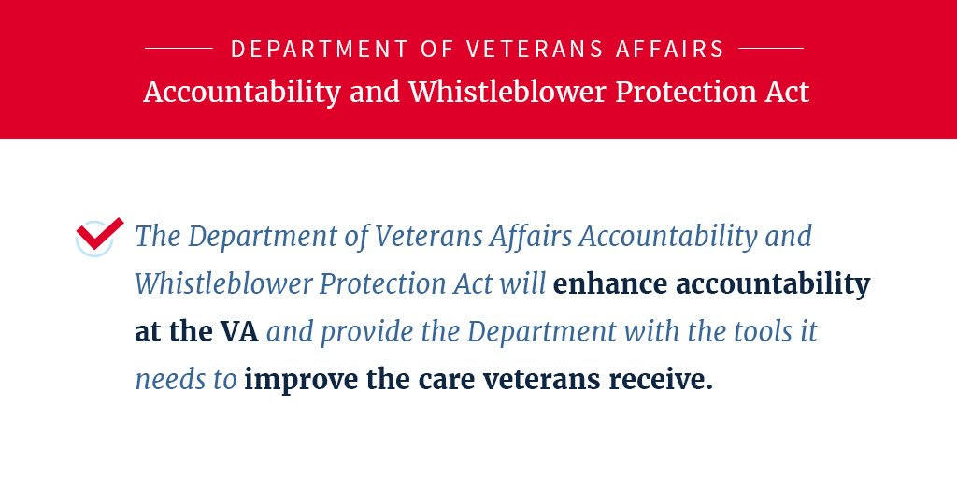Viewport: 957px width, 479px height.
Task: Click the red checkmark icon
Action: [x=99, y=234]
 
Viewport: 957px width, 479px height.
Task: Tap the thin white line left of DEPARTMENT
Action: [x=179, y=48]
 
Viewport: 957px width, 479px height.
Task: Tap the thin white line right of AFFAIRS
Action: [x=771, y=48]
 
